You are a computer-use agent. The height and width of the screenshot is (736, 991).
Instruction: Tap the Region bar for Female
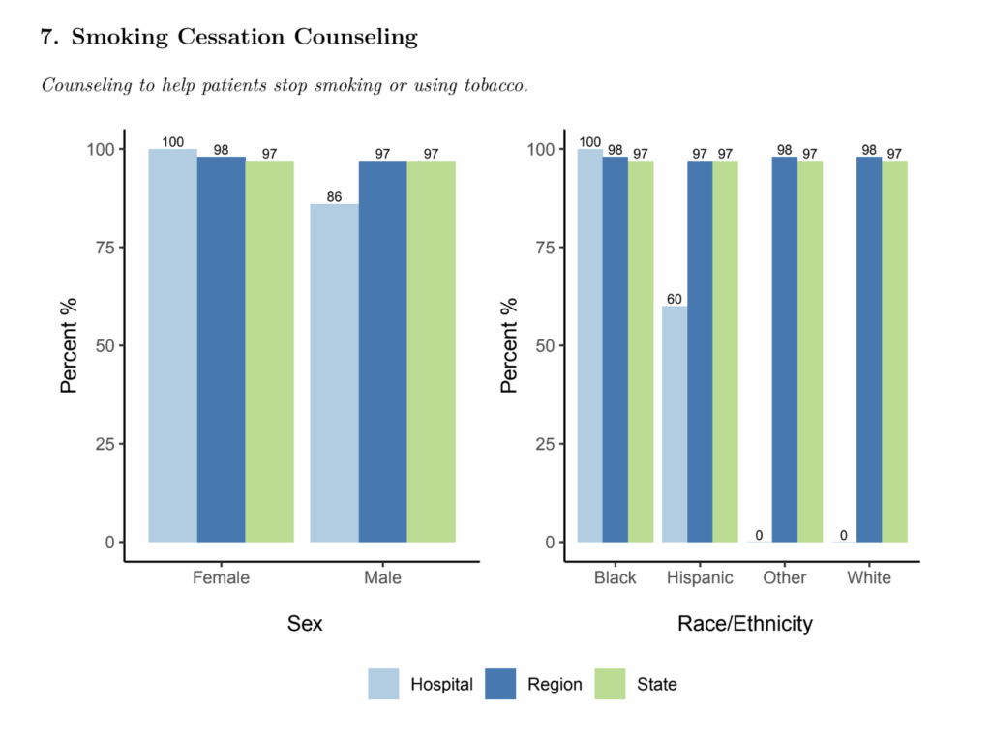221,348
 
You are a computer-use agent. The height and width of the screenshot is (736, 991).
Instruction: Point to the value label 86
334,197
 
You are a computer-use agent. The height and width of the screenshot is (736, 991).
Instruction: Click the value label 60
675,300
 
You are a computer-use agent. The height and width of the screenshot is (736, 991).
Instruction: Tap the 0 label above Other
759,535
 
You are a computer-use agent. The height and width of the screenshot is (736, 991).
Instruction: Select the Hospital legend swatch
383,684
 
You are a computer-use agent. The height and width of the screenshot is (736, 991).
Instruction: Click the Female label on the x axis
221,578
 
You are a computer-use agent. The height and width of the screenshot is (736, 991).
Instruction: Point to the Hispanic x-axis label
700,578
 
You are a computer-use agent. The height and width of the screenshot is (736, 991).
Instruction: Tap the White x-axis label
869,578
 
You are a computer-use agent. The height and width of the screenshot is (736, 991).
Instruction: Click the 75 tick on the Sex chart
100,248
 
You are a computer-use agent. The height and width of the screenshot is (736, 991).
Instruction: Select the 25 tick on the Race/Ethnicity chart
542,444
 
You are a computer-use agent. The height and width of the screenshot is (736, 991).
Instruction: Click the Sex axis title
305,624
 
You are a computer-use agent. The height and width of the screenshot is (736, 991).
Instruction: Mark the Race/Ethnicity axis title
744,624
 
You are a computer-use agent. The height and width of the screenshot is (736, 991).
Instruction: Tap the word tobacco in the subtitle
494,85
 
